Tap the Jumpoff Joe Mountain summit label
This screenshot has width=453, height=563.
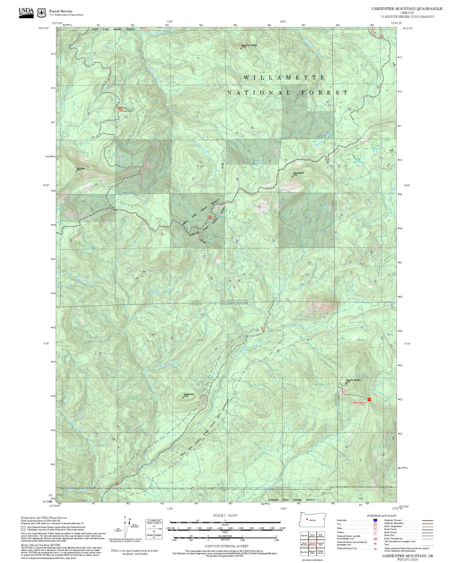click(249, 45)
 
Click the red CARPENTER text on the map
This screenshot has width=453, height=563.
click(358, 403)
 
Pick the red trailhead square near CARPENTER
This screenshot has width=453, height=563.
click(369, 399)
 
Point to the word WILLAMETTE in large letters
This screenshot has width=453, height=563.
click(284, 78)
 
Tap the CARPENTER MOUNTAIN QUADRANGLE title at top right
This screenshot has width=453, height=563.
click(407, 8)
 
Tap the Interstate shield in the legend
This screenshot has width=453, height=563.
click(375, 520)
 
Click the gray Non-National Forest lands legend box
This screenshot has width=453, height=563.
click(23, 528)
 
